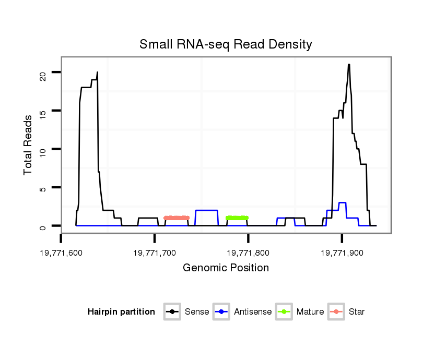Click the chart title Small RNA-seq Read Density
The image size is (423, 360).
click(x=226, y=44)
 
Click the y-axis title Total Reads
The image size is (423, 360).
click(x=28, y=145)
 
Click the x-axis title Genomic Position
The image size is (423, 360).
click(x=226, y=268)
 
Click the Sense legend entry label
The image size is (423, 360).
click(x=197, y=312)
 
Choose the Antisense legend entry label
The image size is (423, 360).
click(x=253, y=312)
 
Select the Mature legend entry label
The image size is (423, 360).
click(x=310, y=312)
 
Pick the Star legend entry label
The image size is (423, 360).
click(x=357, y=312)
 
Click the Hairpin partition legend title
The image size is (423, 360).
click(x=121, y=312)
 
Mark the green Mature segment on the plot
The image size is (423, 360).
click(x=237, y=218)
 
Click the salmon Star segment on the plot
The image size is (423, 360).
click(x=177, y=218)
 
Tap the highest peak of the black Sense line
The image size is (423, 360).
click(x=349, y=65)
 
